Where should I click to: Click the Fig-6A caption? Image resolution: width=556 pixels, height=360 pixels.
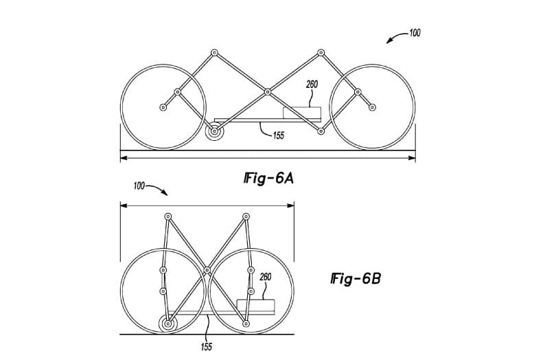269,178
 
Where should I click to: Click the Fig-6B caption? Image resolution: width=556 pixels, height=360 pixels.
356,278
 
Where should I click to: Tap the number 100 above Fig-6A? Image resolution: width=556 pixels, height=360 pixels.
415,33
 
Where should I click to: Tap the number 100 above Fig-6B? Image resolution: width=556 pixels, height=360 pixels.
139,185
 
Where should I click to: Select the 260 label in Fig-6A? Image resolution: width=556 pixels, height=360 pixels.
312,85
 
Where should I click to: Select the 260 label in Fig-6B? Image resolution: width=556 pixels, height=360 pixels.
266,277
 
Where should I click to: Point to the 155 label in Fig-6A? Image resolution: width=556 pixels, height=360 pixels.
279,135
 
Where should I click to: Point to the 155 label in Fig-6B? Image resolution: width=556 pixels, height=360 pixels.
207,347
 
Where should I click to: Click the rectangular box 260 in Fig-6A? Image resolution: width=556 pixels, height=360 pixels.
302,113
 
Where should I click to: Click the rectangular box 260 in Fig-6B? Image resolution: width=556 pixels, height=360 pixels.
255,306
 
